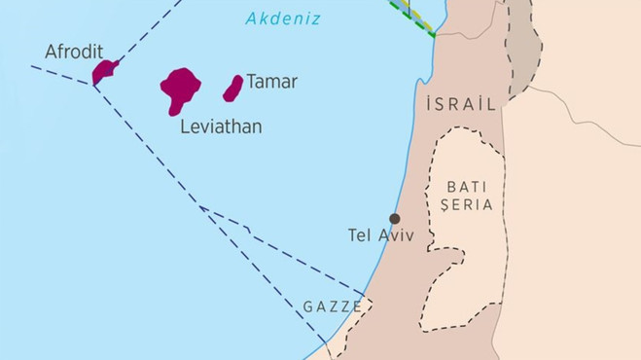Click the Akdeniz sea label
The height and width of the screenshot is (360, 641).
[x=283, y=18]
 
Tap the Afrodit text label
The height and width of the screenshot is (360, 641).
[x=74, y=51]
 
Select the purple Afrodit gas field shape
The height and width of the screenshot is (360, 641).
[x=104, y=71]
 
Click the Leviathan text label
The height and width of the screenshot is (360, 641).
[x=221, y=126]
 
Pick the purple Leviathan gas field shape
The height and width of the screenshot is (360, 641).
[x=180, y=90]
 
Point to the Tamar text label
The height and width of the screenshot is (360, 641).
[x=271, y=82]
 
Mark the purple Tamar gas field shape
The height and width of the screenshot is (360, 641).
[x=232, y=89]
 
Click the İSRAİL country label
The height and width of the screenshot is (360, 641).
[x=461, y=104]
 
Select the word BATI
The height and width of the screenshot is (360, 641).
[x=464, y=185]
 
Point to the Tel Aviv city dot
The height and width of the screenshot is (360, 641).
[x=394, y=219]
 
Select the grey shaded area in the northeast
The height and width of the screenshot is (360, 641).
[x=523, y=44]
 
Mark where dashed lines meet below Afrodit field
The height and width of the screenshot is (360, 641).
[x=94, y=86]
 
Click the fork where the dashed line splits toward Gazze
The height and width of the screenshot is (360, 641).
[x=201, y=207]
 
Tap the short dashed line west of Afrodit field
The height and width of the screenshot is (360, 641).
[x=58, y=75]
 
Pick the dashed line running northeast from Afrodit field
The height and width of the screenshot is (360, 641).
[x=146, y=34]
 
